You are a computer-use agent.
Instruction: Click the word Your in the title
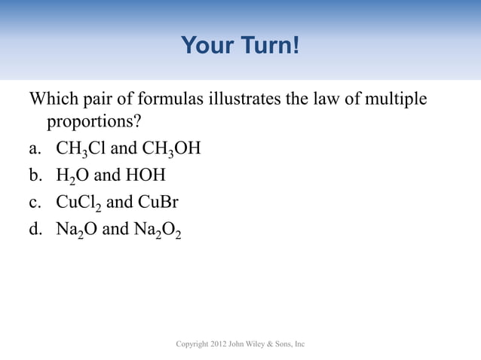[x=205, y=47]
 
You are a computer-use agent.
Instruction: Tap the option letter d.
[x=35, y=229]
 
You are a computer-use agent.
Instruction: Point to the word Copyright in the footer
[x=193, y=344]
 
